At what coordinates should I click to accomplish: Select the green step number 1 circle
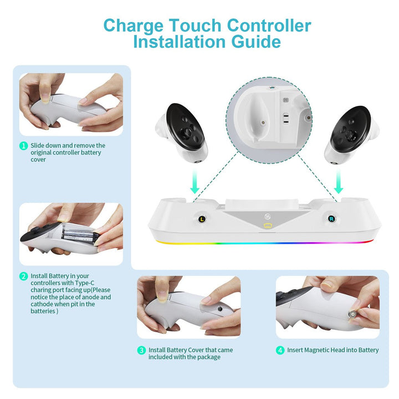tap(23, 146)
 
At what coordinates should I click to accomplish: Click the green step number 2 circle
tap(23, 276)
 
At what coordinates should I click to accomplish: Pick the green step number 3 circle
tap(142, 350)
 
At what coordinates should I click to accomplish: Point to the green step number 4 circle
tap(281, 350)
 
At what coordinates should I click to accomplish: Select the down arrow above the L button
tap(194, 182)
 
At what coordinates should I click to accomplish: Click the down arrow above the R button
tap(339, 182)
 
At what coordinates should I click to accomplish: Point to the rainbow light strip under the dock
tap(267, 243)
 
